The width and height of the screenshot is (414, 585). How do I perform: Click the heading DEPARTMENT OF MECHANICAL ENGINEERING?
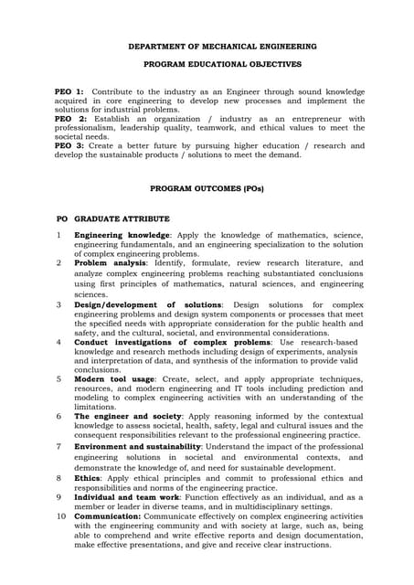[x=222, y=46]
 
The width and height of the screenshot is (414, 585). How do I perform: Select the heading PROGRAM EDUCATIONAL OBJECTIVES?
[x=222, y=66]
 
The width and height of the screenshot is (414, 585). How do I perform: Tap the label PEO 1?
[x=69, y=92]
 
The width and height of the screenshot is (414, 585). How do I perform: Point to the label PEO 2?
[x=69, y=119]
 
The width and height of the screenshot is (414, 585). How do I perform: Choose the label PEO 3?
[x=69, y=145]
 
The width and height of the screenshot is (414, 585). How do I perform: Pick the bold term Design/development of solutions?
[x=147, y=305]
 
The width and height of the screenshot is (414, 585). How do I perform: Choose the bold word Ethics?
[x=86, y=477]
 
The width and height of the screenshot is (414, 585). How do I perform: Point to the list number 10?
[x=60, y=516]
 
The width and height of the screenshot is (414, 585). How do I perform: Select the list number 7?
[x=58, y=446]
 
